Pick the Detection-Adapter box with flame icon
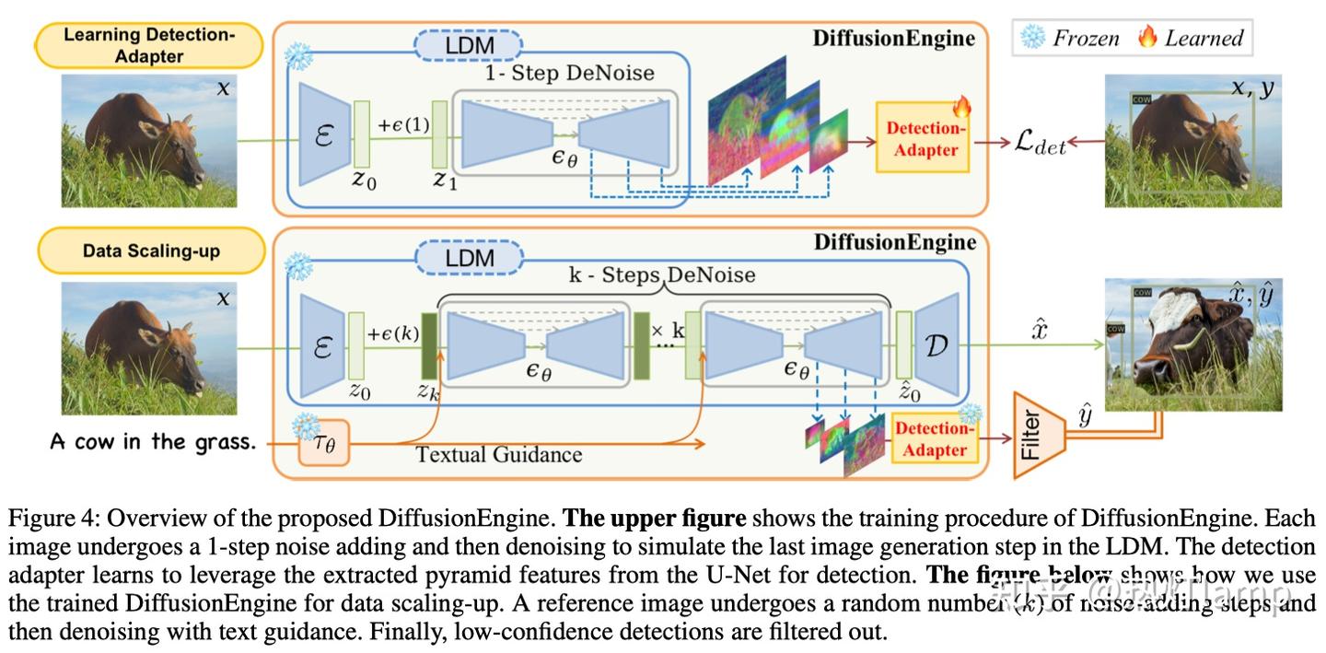[x=923, y=138]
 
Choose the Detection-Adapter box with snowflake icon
[x=934, y=438]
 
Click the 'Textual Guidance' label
[x=498, y=454]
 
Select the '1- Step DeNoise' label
[x=569, y=73]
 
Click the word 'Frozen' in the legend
[x=1086, y=38]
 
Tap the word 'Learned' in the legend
[x=1204, y=38]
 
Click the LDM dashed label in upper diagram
[x=469, y=44]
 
